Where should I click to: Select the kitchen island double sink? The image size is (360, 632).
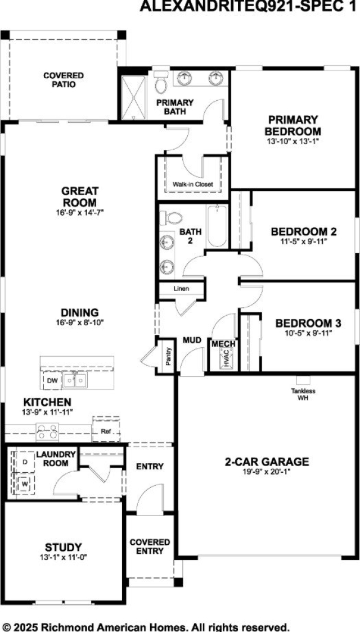(74, 381)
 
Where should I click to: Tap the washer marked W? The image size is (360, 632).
(24, 483)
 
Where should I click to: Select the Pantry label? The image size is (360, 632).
(168, 356)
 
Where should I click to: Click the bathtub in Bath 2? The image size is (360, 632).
(218, 227)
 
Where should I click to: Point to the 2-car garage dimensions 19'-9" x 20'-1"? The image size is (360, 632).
(267, 473)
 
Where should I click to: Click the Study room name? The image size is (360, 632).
(64, 546)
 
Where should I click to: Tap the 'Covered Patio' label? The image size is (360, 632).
(64, 80)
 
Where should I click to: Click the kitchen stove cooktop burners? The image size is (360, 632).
(47, 432)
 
